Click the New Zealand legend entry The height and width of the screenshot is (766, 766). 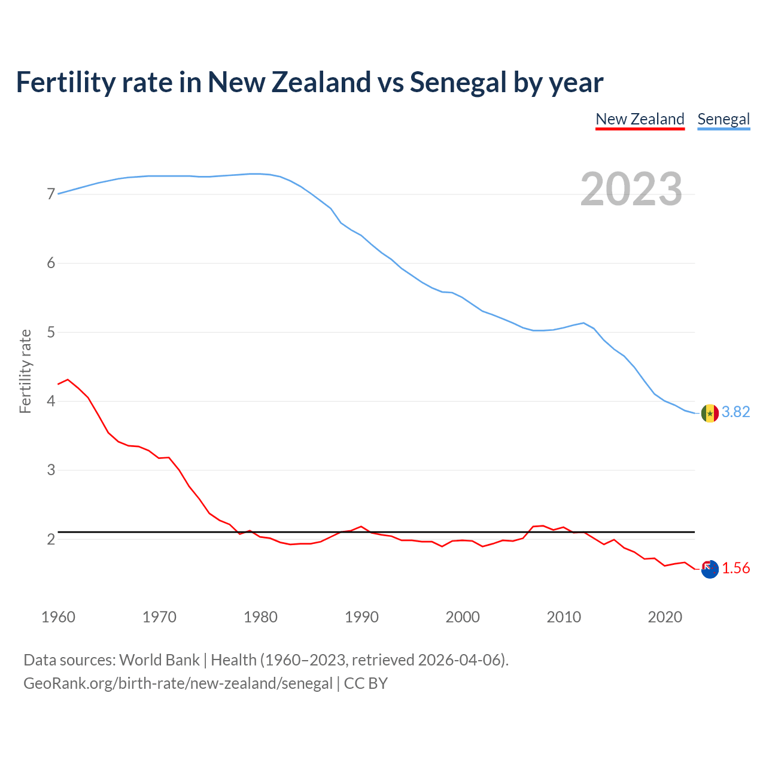tap(640, 119)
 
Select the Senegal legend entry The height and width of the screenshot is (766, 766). tap(724, 119)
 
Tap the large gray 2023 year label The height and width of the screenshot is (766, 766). tap(631, 189)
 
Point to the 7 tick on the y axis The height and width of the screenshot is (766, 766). tap(51, 194)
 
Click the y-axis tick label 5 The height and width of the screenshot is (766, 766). tap(51, 332)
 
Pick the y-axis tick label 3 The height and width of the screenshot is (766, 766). tap(51, 470)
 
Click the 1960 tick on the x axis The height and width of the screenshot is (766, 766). tap(58, 617)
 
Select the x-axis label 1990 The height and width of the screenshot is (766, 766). tap(361, 617)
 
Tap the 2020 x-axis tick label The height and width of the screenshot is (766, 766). tap(665, 617)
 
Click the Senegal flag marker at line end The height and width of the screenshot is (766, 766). tap(710, 413)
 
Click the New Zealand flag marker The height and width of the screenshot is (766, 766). tap(710, 569)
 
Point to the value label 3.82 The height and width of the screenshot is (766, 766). tap(735, 412)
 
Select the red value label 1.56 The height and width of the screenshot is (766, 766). tap(735, 569)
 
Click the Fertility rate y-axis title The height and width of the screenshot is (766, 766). tap(25, 371)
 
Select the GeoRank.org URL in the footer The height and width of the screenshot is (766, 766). tap(178, 683)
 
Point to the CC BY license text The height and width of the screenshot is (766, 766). tap(366, 683)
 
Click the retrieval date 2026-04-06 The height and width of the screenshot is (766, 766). tap(459, 660)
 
